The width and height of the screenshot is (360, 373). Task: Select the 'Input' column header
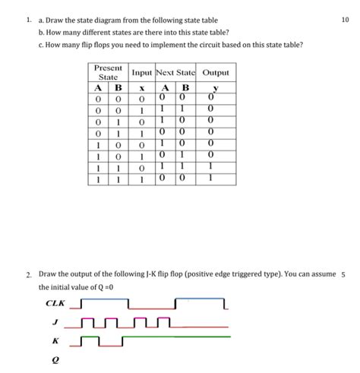point(142,72)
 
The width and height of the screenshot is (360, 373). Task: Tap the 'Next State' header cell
point(175,72)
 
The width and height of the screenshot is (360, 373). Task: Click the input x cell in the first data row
point(142,99)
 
